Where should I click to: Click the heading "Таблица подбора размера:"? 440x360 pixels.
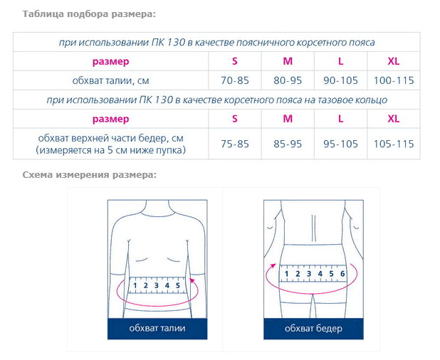88,14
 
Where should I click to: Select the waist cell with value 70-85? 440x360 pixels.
235,80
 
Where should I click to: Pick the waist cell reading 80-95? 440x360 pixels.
288,80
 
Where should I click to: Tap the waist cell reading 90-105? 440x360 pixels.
340,80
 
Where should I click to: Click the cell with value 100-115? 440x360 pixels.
394,80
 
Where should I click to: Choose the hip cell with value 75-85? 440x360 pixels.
235,144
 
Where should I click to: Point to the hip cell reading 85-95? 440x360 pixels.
288,144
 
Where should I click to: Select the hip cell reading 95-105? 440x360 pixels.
340,144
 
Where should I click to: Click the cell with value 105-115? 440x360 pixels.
394,144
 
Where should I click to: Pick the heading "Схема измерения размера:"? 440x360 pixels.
89,174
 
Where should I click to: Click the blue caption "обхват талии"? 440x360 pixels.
157,328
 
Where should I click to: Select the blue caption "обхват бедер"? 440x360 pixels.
313,328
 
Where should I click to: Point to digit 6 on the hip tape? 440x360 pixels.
342,273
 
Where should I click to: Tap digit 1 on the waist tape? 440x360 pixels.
135,285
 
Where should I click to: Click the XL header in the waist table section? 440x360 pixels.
394,60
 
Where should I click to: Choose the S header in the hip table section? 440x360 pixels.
235,118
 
